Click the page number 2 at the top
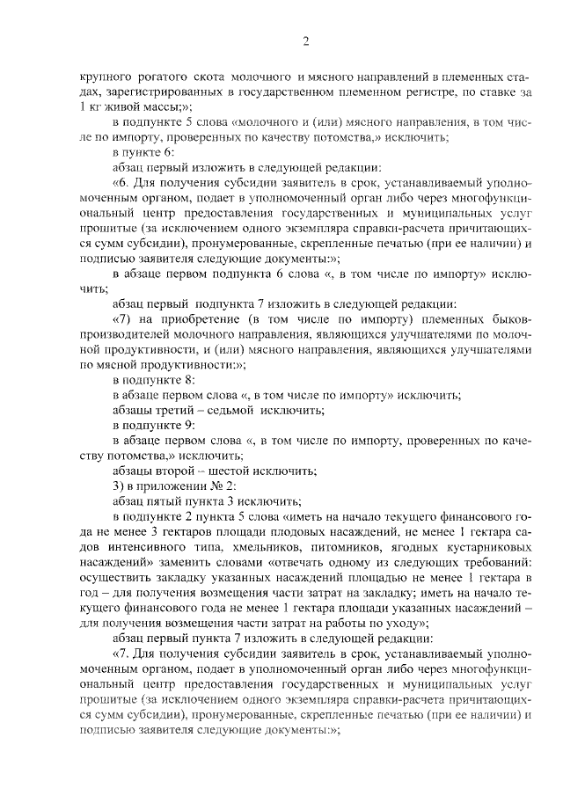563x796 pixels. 305,40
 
